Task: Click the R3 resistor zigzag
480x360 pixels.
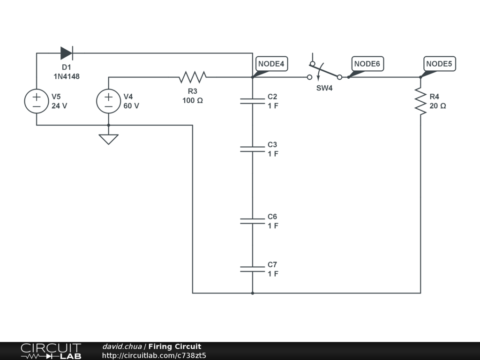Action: point(192,77)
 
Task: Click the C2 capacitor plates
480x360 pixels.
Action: point(252,101)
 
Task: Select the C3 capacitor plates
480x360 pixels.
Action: point(252,149)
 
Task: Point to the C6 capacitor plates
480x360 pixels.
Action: point(252,221)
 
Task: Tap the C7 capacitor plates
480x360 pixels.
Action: point(252,269)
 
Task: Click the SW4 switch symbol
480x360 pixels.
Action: point(324,73)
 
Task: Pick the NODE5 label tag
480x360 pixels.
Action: point(440,64)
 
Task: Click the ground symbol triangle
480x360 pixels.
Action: point(108,139)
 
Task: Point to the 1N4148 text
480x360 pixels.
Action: point(66,76)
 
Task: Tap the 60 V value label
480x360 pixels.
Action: point(131,106)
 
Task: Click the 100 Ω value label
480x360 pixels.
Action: point(193,100)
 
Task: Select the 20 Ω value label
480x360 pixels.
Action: point(437,106)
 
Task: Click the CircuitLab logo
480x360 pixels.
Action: point(51,351)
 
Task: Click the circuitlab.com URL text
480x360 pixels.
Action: point(154,355)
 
